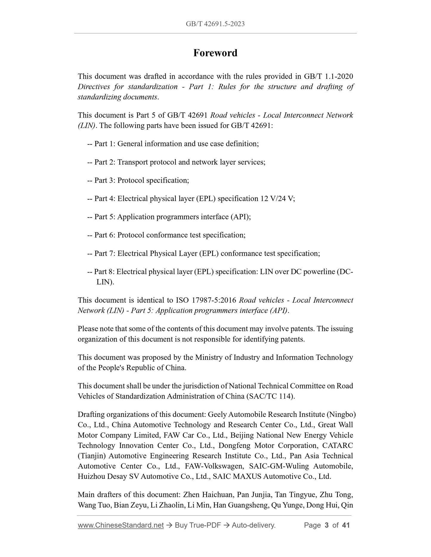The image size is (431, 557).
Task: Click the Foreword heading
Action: click(215, 53)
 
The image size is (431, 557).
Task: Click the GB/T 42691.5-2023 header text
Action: click(215, 24)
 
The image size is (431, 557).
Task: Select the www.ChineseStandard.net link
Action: click(121, 525)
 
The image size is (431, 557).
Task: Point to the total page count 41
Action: click(346, 525)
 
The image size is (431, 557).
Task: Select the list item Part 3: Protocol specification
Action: click(141, 181)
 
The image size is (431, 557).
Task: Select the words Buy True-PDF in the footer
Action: click(197, 525)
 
